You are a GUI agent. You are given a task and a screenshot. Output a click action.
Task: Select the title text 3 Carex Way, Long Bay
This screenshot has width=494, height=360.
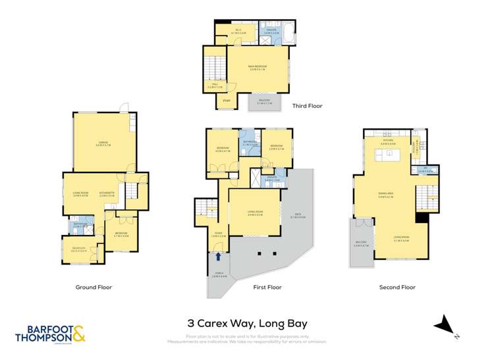point(246,323)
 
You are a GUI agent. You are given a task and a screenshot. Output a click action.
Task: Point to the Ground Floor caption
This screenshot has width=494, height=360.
point(94,287)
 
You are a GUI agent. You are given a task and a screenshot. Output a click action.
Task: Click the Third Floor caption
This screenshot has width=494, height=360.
point(307,105)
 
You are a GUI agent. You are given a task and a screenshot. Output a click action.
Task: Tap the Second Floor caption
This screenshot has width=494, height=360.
point(397,287)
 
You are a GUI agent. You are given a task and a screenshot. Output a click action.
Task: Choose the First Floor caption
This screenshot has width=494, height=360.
point(266,287)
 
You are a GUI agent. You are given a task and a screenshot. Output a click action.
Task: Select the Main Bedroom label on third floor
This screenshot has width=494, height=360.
point(257,64)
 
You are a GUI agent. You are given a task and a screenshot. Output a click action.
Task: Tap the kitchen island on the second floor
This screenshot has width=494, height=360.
point(389,157)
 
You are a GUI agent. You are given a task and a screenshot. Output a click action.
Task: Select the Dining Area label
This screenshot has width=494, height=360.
point(386,193)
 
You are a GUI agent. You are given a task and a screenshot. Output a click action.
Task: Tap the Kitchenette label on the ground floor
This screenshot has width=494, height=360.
point(107,193)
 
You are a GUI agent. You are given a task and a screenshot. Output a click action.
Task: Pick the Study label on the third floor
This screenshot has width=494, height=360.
point(227,100)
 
